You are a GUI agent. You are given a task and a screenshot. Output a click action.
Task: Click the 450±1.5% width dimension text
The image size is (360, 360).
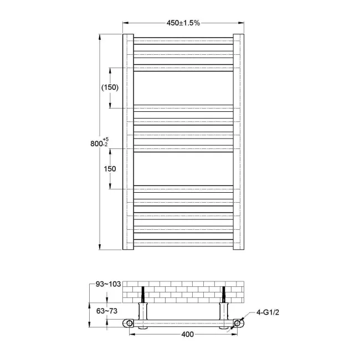pyautogui.click(x=183, y=23)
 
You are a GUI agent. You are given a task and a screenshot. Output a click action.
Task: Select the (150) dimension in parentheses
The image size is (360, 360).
pyautogui.click(x=110, y=88)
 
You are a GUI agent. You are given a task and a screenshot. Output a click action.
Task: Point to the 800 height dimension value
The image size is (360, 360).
pyautogui.click(x=99, y=143)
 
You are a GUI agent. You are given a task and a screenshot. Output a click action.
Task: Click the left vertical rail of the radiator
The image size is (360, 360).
pyautogui.click(x=128, y=143)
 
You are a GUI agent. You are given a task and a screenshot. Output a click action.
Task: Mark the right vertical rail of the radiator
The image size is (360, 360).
pyautogui.click(x=239, y=143)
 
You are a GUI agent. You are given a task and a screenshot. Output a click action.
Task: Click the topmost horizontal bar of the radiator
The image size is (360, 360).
pyautogui.click(x=183, y=39)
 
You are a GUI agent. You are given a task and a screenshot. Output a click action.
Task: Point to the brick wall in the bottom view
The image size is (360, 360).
pyautogui.click(x=183, y=291)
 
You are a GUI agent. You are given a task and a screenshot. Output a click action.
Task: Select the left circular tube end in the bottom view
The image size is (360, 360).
pyautogui.click(x=128, y=323)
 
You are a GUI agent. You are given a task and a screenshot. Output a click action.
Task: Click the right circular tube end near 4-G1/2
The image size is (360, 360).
pyautogui.click(x=239, y=323)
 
